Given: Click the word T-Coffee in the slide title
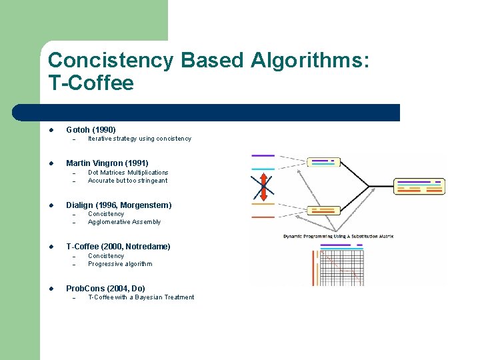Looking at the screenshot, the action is (91, 83).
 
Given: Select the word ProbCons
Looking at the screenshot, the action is (86, 289).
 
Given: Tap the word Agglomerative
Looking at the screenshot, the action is (109, 222).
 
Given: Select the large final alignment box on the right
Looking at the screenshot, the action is (419, 186).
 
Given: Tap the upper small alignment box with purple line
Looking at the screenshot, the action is (323, 162).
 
